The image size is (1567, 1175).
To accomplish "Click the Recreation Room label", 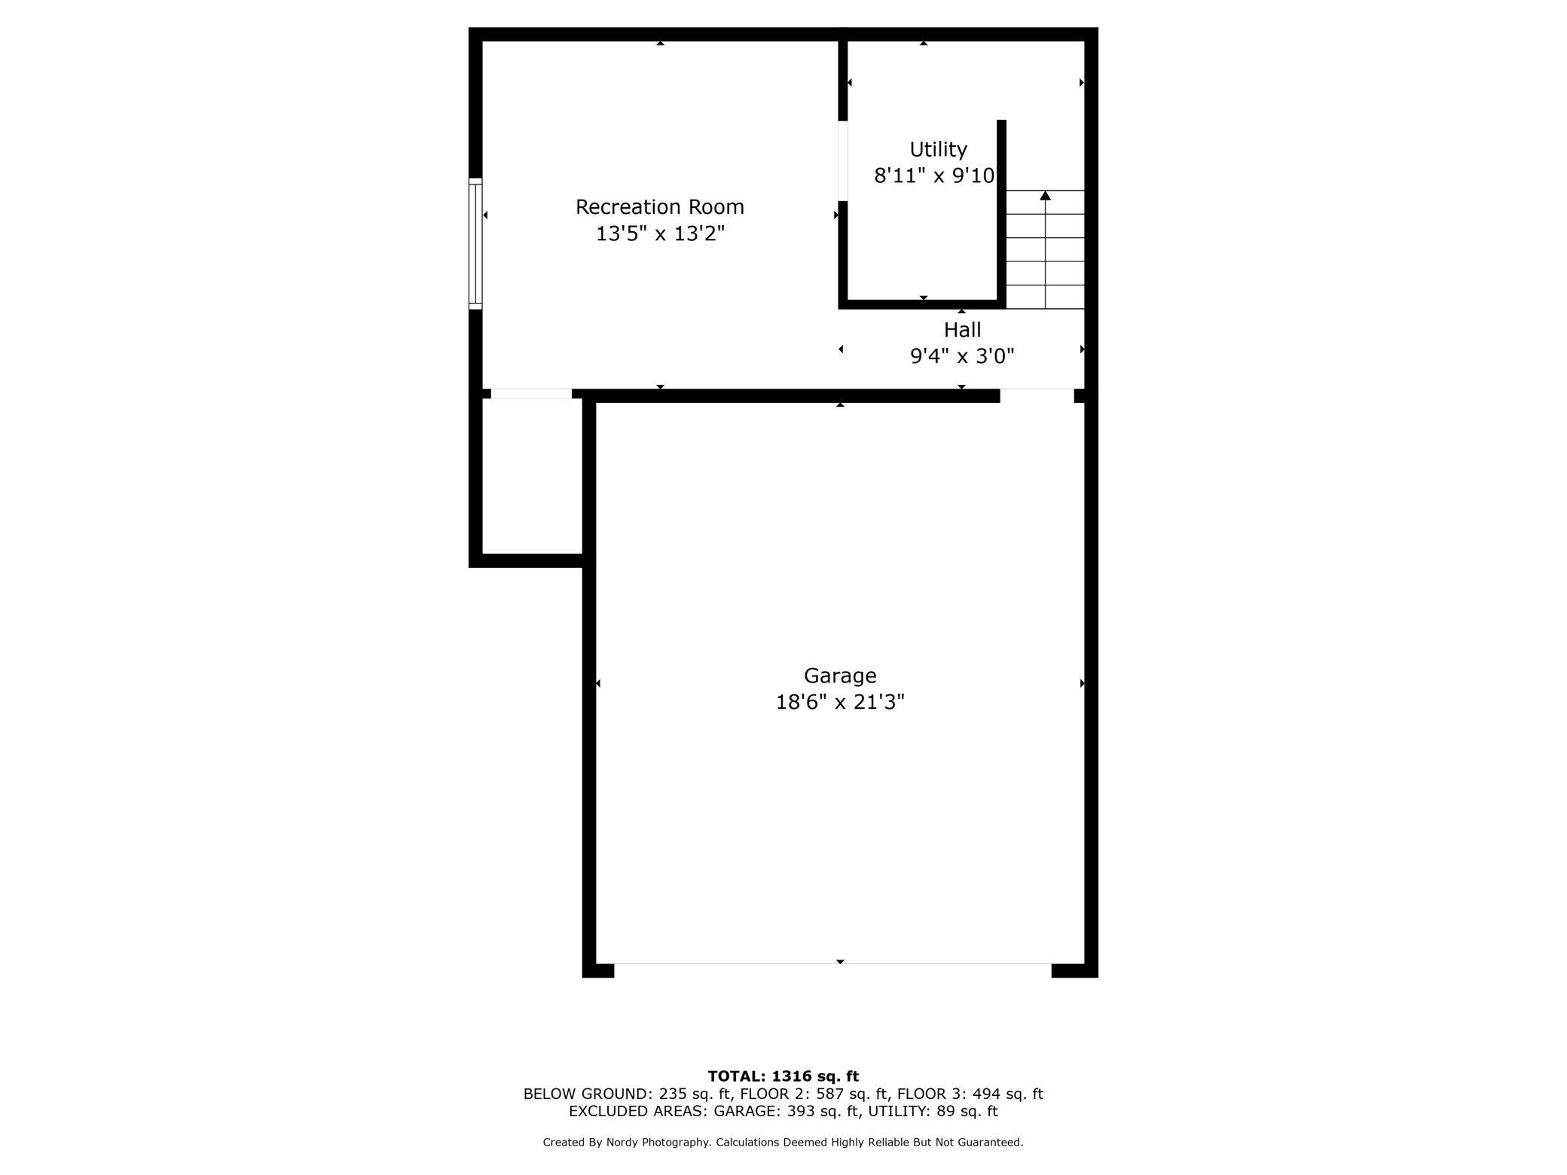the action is (x=660, y=207).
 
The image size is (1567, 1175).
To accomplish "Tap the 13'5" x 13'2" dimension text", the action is (x=660, y=234).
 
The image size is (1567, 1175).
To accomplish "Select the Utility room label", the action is (x=938, y=150).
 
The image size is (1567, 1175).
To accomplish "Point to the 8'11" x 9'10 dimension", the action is (x=934, y=176).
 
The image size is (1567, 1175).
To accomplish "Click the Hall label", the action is (x=962, y=330).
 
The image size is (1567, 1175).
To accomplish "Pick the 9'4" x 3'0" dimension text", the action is (x=962, y=356).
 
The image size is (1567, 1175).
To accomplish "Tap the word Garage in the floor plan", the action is (x=840, y=676).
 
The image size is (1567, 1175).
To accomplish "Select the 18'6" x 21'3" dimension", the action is (x=840, y=703).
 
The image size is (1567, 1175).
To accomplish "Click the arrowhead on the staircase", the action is (x=1045, y=196).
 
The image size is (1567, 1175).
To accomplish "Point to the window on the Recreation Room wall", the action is (x=475, y=243).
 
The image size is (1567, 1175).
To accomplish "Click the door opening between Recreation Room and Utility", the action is (x=843, y=161).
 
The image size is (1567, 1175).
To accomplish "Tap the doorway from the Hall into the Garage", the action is (x=1037, y=395).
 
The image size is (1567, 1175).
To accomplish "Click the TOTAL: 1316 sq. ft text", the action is (x=783, y=1076).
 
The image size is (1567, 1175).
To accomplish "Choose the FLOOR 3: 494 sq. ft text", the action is (x=970, y=1094).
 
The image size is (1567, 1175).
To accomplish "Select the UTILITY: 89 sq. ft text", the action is (x=933, y=1112).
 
